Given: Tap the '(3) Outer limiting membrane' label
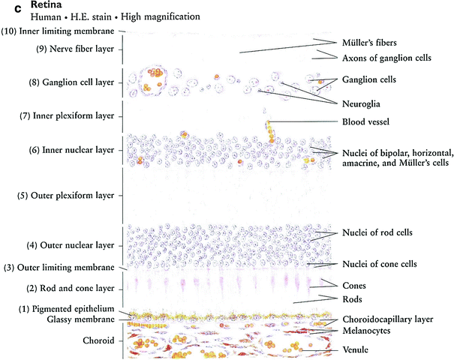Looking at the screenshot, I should click(59, 268).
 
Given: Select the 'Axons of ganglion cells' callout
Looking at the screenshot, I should click(386, 58).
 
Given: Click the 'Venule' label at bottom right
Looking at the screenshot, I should click(358, 349).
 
